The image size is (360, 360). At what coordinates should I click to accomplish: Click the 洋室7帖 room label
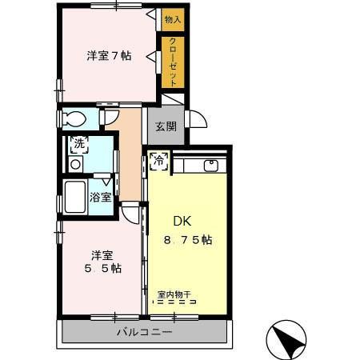click(110, 56)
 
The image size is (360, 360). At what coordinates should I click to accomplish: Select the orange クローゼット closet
click(173, 62)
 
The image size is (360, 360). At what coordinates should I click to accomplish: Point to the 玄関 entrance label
click(166, 127)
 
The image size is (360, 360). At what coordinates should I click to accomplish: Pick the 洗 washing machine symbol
click(79, 145)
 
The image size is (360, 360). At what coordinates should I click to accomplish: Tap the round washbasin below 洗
click(75, 164)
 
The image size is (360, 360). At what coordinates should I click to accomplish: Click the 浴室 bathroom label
click(101, 196)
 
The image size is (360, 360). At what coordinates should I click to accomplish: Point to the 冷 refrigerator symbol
click(158, 160)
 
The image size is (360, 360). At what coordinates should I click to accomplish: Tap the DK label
click(183, 222)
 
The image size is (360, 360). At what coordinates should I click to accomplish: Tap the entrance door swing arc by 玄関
click(196, 119)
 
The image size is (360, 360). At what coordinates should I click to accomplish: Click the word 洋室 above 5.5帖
click(101, 255)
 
